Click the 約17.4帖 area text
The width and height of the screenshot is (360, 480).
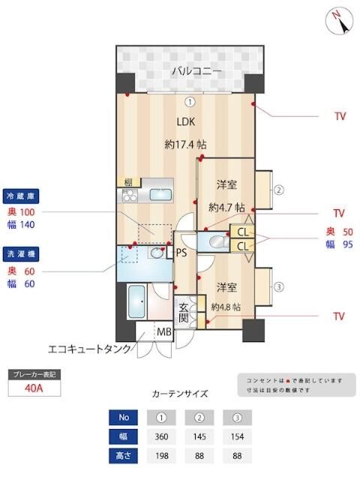(x=186, y=144)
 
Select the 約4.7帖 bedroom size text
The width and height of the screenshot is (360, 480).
(x=226, y=206)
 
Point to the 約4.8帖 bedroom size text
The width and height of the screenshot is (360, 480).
(x=225, y=307)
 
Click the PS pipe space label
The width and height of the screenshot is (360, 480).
(x=181, y=253)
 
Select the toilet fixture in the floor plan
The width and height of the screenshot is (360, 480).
(x=217, y=241)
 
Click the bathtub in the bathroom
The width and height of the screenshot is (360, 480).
(x=138, y=303)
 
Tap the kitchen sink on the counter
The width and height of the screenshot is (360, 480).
(x=160, y=194)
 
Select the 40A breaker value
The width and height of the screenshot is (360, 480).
(x=33, y=388)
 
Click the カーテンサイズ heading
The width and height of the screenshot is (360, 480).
(x=179, y=393)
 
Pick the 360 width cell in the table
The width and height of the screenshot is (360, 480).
(x=161, y=436)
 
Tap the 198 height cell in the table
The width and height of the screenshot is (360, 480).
(x=161, y=455)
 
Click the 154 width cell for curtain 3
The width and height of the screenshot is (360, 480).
(x=236, y=436)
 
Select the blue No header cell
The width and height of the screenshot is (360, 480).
(x=123, y=417)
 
